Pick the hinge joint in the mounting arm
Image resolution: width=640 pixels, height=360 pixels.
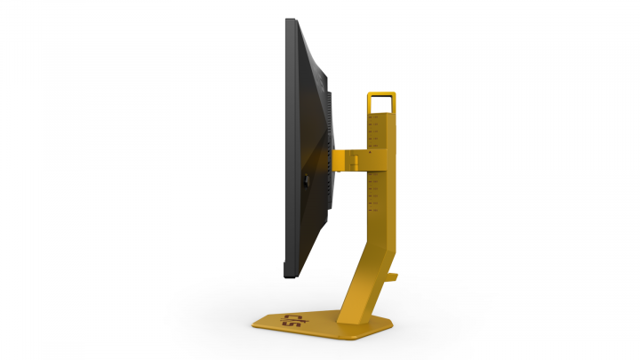coord(348,159)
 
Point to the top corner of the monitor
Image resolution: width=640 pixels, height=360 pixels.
coord(290,20)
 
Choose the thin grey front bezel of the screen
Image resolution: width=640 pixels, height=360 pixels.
coord(287,142)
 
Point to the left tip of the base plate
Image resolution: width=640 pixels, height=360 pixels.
coord(254,321)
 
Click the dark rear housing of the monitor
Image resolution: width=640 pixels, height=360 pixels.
coord(307,107)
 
